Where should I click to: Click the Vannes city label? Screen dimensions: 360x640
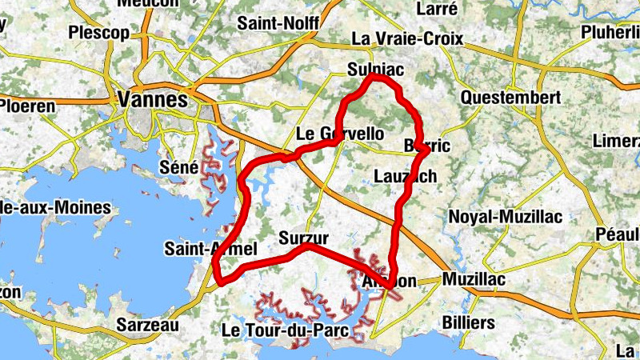152,99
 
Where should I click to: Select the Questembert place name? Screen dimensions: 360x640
511,96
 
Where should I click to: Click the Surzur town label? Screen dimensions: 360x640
304,238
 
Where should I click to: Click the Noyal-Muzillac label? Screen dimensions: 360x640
506,217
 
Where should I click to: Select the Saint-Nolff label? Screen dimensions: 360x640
278,23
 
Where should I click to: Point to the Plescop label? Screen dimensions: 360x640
98,33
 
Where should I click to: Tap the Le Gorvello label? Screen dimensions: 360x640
339,134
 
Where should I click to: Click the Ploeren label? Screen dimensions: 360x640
28,106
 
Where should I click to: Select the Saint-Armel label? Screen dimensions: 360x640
211,249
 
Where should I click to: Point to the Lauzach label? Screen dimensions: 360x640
406,175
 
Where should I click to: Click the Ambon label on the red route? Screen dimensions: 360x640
390,281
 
